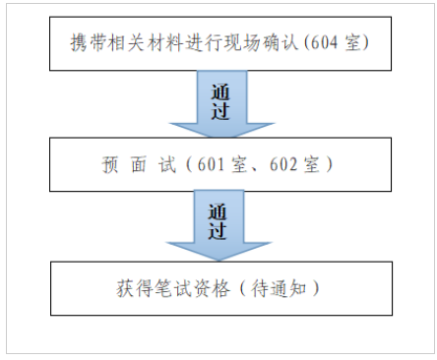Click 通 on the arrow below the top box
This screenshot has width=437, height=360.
pyautogui.click(x=220, y=92)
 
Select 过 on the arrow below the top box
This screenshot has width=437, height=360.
pyautogui.click(x=220, y=110)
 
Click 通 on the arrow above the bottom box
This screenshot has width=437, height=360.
pyautogui.click(x=220, y=212)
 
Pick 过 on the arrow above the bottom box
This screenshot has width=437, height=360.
pyautogui.click(x=220, y=232)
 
